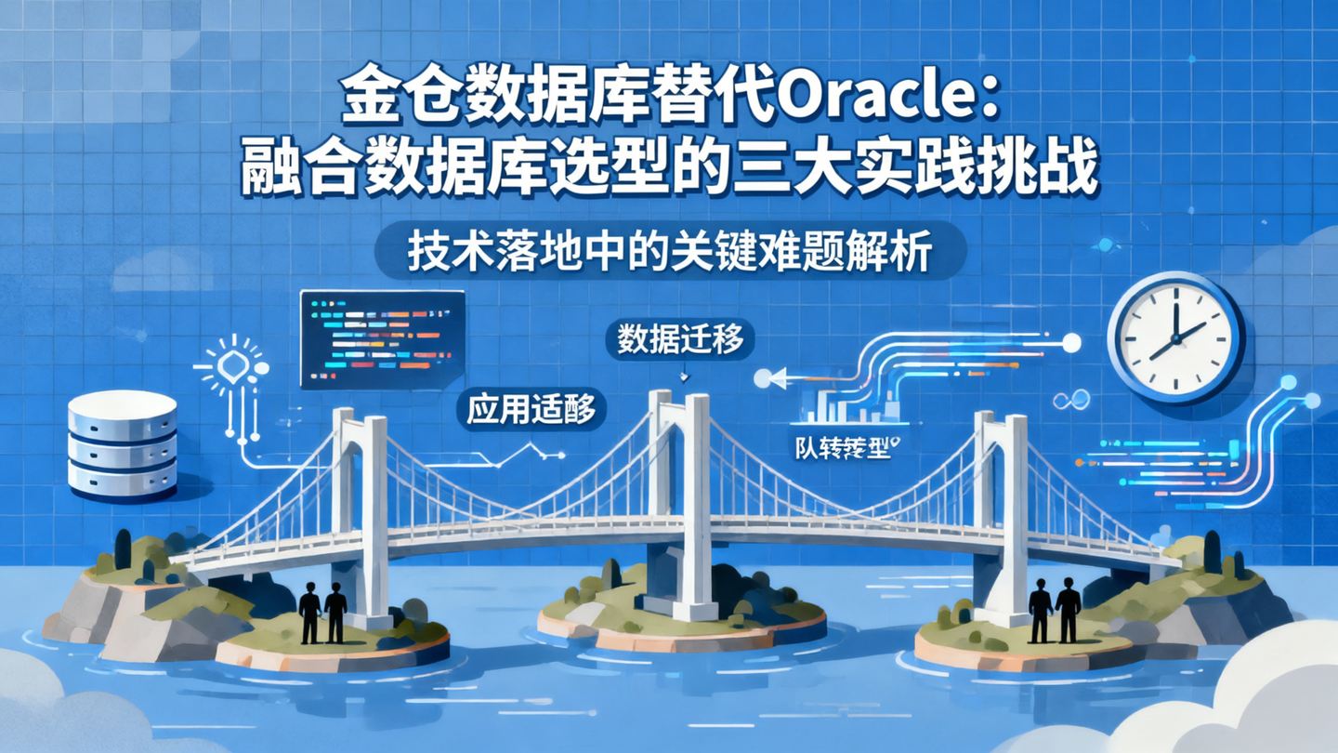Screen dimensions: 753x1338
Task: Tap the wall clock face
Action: click(1174, 335)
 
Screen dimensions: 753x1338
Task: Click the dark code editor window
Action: click(382, 338)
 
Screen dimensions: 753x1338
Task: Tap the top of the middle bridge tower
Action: click(678, 402)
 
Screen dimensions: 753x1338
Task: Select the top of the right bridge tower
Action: click(1000, 422)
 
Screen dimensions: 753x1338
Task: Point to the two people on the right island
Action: click(1055, 609)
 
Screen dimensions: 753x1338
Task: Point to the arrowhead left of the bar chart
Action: click(775, 377)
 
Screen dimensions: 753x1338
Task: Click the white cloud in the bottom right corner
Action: click(1264, 693)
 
